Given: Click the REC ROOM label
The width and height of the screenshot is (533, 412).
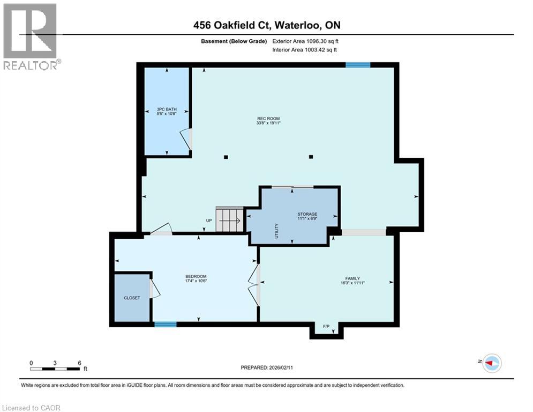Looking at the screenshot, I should point(268,119).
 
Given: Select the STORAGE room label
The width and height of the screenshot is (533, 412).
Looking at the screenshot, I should point(307,214).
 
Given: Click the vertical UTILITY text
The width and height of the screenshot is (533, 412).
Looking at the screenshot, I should point(277,231).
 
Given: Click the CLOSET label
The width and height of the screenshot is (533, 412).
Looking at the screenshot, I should point(132,298).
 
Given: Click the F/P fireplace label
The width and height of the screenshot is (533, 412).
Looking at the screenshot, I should point(326,326).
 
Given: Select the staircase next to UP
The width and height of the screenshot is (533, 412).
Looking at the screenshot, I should point(229,220).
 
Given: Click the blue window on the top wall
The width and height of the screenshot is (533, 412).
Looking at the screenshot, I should point(358,65).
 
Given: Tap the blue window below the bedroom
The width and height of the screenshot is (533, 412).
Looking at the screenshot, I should point(166,324).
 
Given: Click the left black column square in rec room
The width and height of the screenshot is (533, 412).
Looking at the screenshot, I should point(226,157).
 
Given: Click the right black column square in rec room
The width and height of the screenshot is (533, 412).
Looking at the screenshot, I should point(311,157).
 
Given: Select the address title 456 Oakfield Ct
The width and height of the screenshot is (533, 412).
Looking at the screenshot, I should point(266,25).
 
